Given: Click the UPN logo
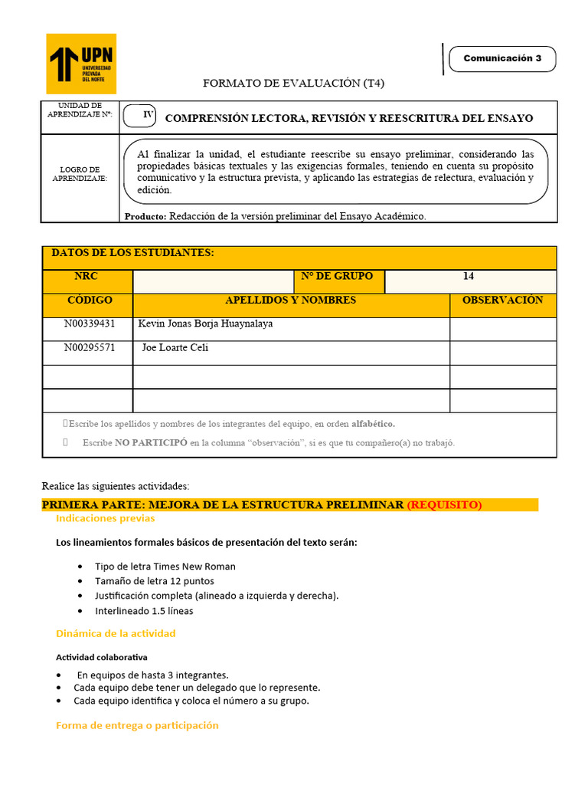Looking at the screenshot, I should [81, 63].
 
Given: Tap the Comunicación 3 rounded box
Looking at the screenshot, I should [502, 59].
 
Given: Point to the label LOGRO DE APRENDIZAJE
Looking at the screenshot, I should [80, 174].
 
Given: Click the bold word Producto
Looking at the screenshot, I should [145, 217].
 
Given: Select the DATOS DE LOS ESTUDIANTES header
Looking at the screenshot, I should [132, 254].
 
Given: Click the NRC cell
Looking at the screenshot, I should [86, 277].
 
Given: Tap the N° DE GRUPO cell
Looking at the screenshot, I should [337, 277].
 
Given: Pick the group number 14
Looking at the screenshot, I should [469, 277].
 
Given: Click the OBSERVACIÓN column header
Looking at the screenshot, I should [502, 301].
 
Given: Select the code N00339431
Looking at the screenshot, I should [90, 324].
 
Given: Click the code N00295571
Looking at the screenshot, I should [90, 348].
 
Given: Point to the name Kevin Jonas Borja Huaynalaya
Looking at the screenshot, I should [205, 324].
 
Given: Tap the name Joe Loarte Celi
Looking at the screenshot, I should [175, 348].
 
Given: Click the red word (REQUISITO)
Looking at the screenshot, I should [444, 504].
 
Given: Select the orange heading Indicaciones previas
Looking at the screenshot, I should [105, 519].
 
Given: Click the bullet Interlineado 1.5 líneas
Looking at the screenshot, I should [144, 611].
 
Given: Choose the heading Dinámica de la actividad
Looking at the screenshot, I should [116, 633].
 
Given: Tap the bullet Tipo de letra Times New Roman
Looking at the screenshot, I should [165, 567].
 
